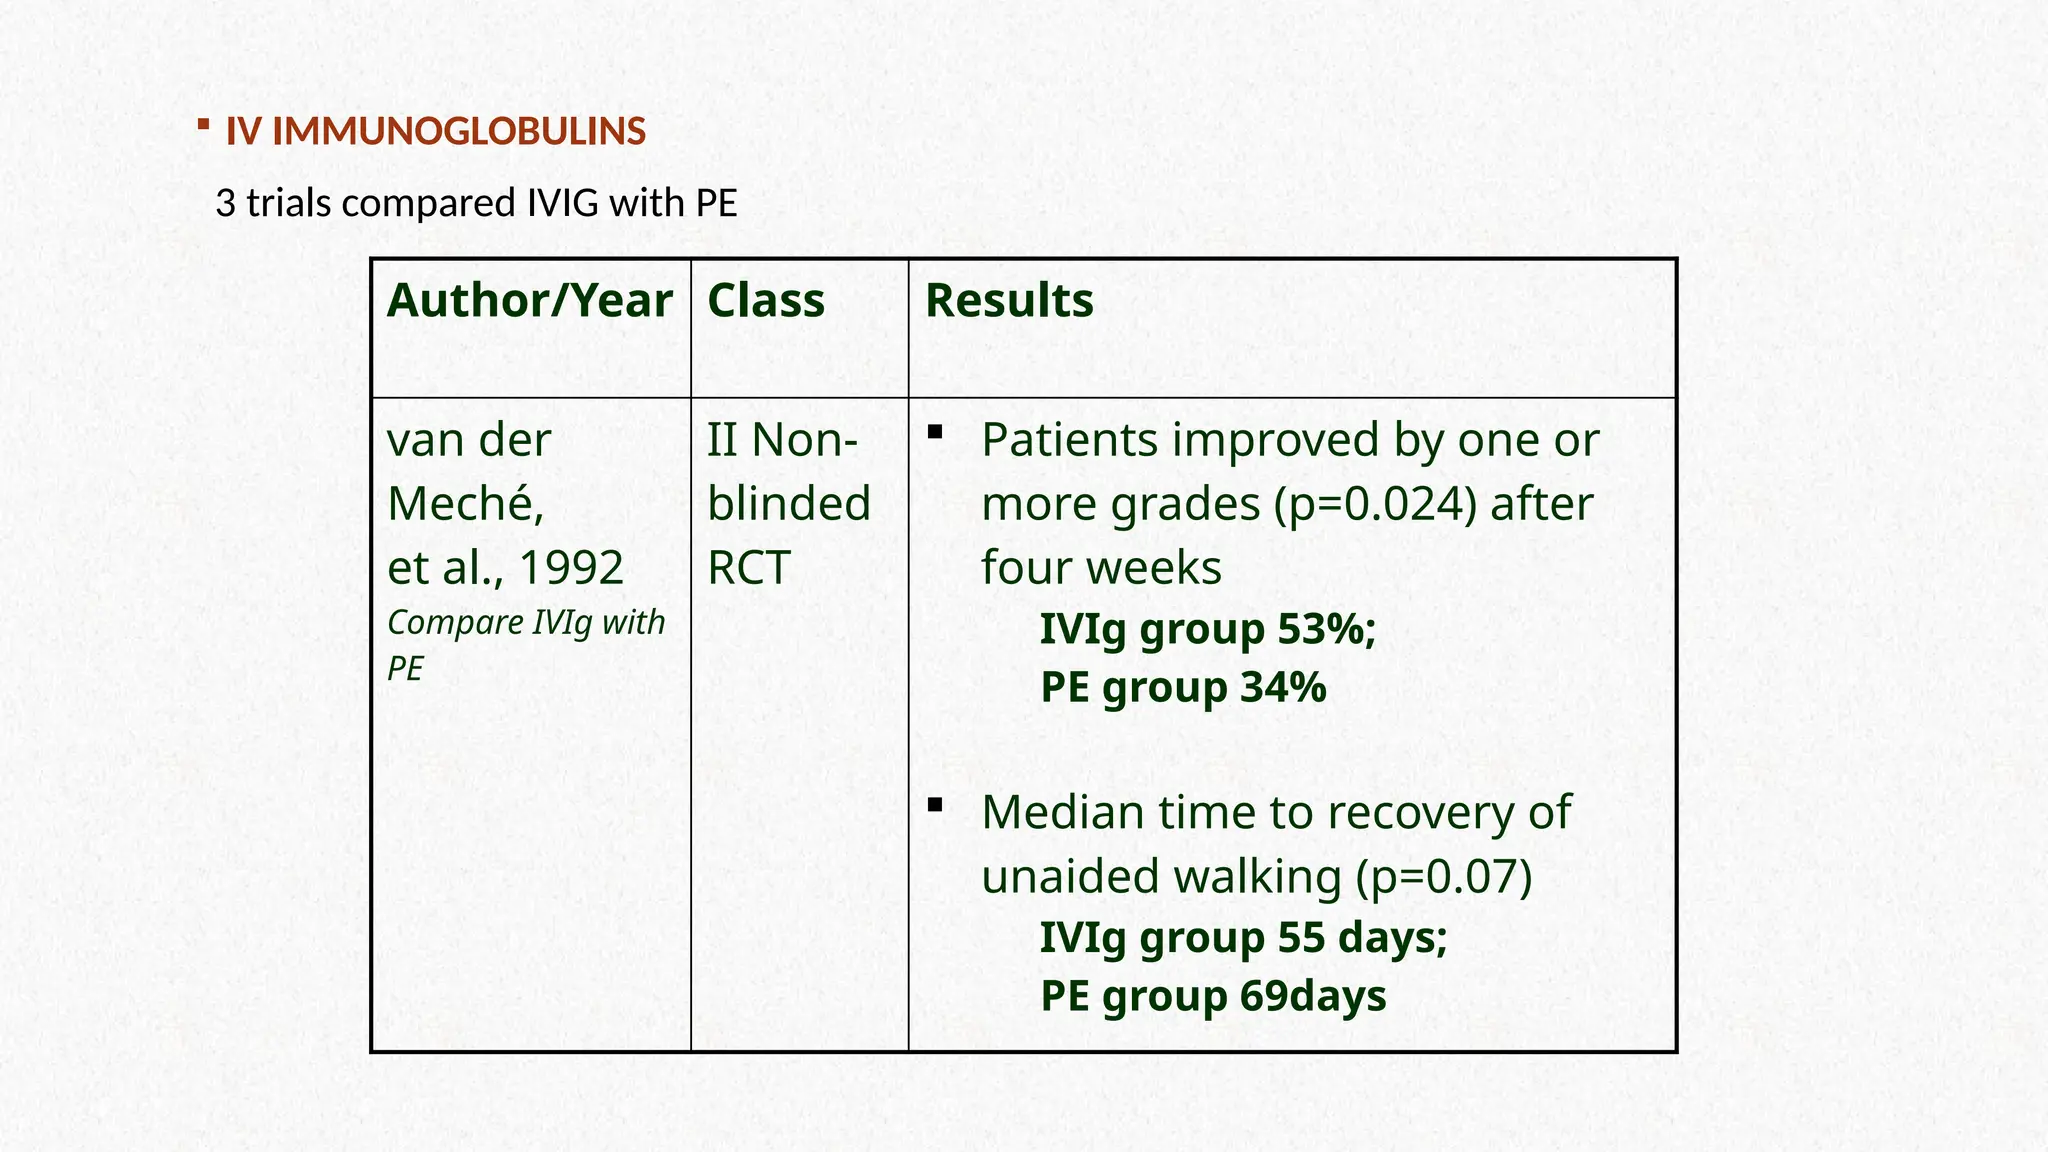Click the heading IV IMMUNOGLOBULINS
436,132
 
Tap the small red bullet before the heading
203,125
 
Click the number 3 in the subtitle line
225,203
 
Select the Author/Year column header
529,300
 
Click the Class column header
766,300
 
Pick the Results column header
1009,300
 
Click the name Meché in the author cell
465,503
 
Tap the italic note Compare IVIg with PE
525,643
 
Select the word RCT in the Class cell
749,567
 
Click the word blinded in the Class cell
789,503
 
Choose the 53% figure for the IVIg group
1325,629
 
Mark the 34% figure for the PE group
1283,687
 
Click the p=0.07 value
1444,876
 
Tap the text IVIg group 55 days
1243,937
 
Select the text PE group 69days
1213,996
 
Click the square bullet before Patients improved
935,432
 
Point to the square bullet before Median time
935,804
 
